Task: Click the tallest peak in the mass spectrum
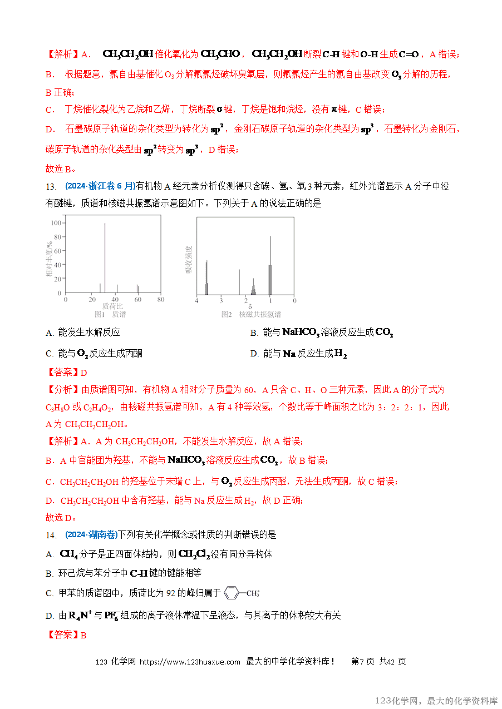[105, 256]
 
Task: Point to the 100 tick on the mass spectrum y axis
[56, 223]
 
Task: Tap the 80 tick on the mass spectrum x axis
[160, 299]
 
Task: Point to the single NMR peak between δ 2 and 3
[239, 282]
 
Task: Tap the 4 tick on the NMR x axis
[196, 300]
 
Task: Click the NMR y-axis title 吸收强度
[189, 259]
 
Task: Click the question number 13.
[51, 186]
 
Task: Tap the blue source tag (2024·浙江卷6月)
[100, 186]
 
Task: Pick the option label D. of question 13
[254, 354]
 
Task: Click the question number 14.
[51, 535]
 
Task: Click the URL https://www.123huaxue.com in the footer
[189, 662]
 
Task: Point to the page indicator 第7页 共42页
[378, 662]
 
